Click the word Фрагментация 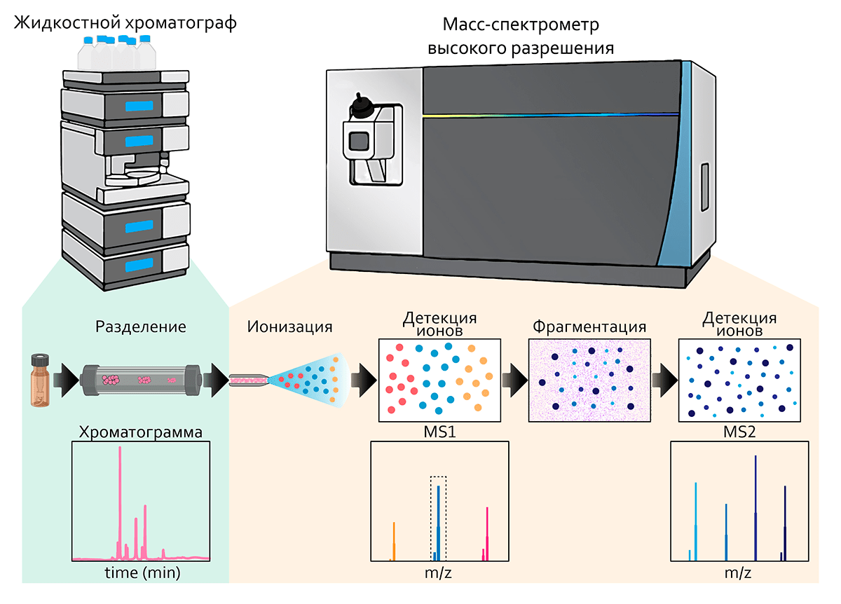589,327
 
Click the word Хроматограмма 142,432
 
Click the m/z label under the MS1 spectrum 439,572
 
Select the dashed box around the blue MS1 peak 438,519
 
